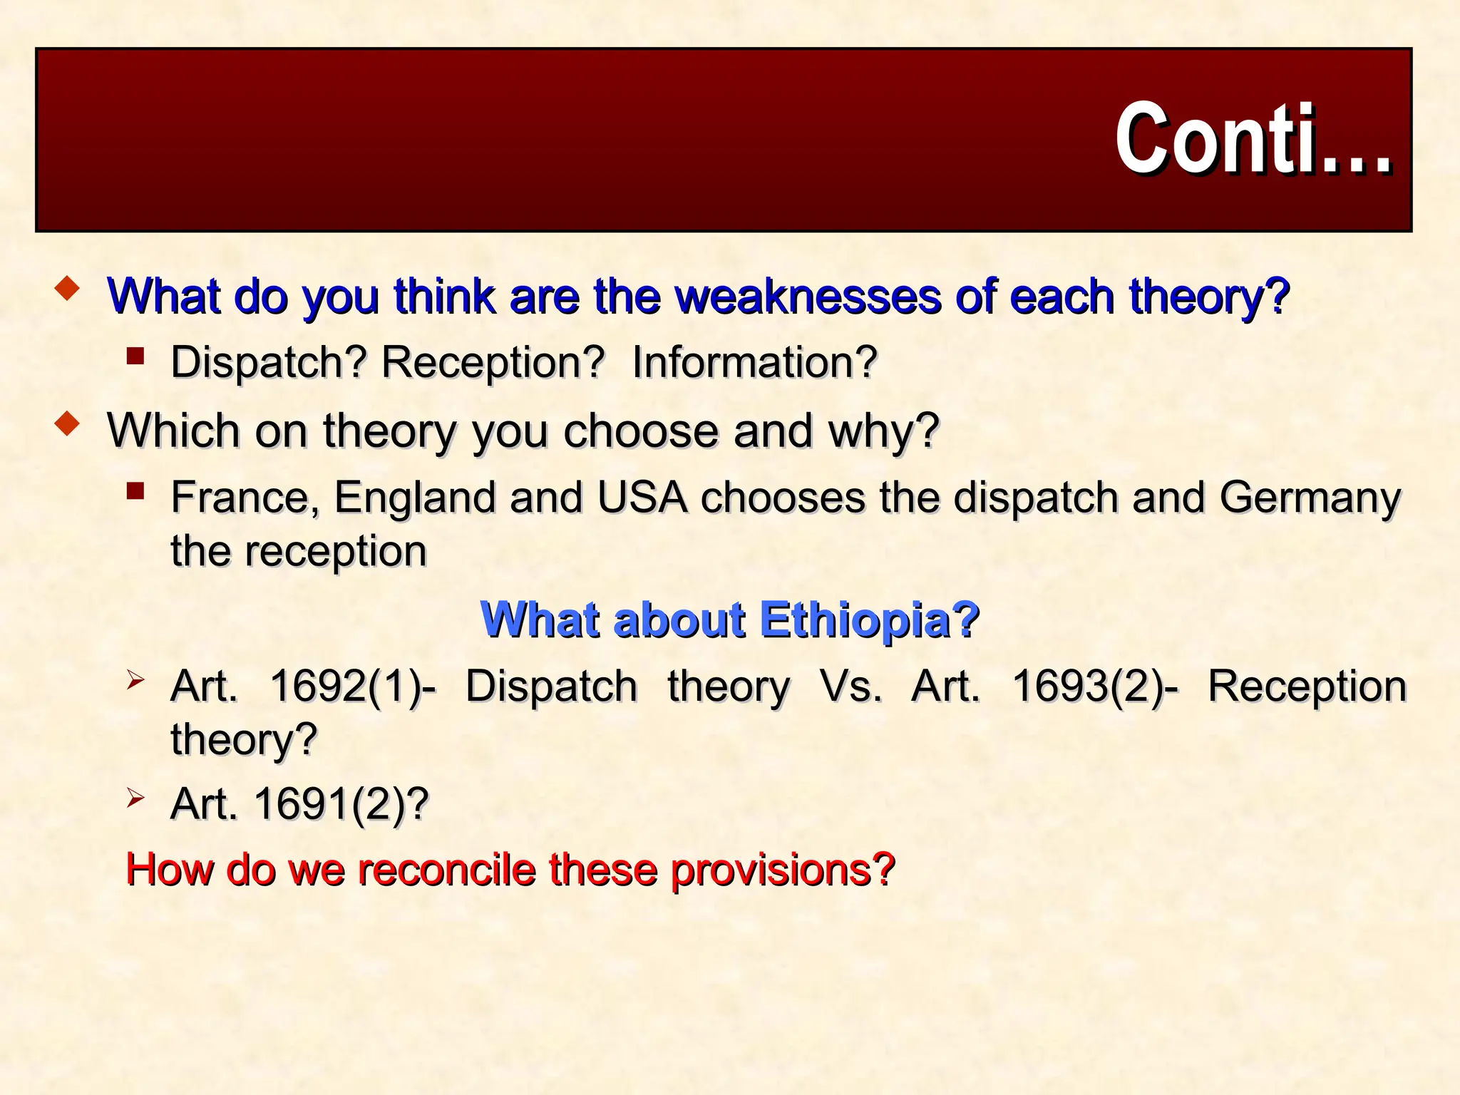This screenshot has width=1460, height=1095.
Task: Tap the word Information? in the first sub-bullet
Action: tap(754, 362)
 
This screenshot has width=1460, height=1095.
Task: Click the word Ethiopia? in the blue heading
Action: tap(869, 620)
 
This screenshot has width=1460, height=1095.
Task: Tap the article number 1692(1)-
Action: tap(353, 687)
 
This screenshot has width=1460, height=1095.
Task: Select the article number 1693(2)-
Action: tap(1096, 687)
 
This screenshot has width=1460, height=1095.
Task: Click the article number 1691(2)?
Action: tap(341, 804)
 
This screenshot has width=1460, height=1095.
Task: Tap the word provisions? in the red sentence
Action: tap(782, 870)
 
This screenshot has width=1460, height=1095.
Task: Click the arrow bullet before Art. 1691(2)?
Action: tap(135, 798)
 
